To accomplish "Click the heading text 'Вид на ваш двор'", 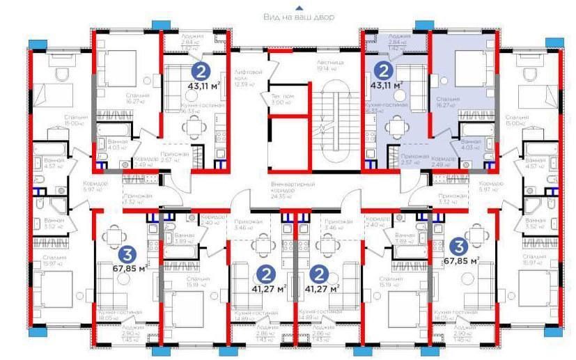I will tap(299, 16).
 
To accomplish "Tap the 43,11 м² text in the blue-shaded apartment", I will tap(387, 85).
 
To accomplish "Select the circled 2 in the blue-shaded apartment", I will tap(383, 70).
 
